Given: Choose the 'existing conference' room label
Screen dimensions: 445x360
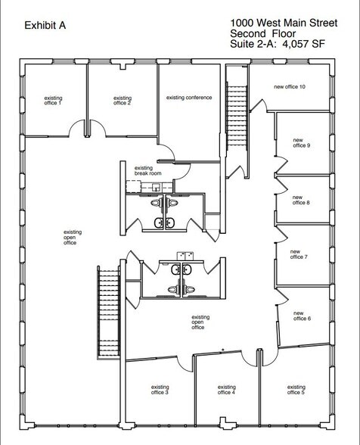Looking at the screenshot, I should click(x=189, y=98).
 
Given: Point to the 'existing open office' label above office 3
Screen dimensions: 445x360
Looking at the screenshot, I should click(x=199, y=322).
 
